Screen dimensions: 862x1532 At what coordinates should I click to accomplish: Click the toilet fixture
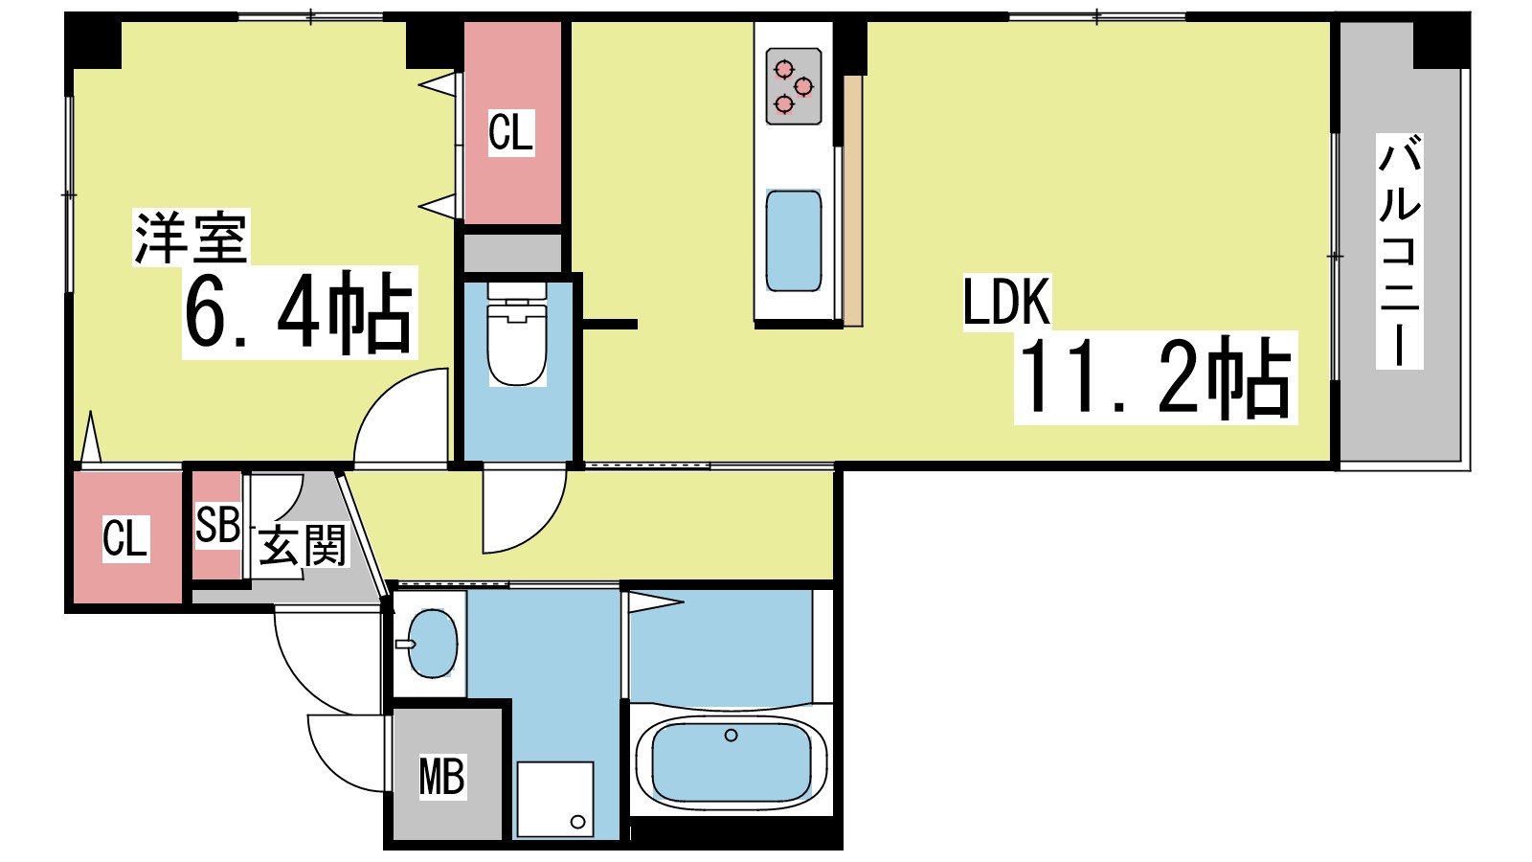(517, 340)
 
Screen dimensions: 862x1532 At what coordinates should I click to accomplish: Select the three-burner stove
(794, 86)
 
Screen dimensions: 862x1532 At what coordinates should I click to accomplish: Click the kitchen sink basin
(794, 240)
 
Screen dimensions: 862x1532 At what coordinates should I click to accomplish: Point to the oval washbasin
(432, 644)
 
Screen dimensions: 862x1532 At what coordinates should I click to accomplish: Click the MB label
(441, 777)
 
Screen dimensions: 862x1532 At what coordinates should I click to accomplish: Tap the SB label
(217, 525)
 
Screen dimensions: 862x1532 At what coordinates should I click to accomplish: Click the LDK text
(1006, 303)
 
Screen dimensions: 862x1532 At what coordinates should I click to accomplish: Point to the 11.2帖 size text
(1156, 378)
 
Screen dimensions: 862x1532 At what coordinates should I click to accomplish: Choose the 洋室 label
(191, 238)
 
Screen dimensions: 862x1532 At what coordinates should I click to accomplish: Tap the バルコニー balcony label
(1399, 251)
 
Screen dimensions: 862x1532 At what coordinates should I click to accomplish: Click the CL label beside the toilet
(510, 132)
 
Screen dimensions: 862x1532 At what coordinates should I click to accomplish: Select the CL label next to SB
(125, 538)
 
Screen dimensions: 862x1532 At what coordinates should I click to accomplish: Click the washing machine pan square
(554, 799)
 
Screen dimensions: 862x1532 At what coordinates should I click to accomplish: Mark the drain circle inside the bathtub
(732, 736)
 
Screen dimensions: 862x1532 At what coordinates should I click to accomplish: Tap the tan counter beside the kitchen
(852, 201)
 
